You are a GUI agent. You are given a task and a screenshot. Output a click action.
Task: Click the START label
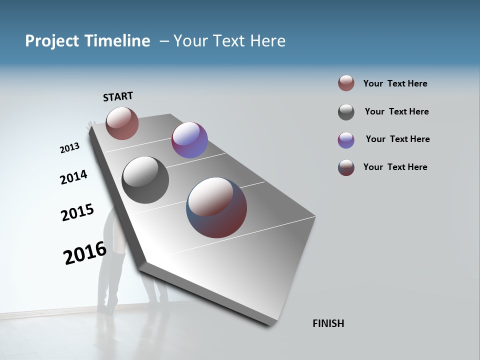pyautogui.click(x=118, y=96)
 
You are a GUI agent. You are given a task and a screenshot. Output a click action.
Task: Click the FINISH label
pyautogui.click(x=328, y=323)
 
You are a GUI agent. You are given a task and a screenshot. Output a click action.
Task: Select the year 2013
pyautogui.click(x=69, y=148)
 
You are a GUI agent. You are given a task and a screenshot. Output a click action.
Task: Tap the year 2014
pyautogui.click(x=73, y=177)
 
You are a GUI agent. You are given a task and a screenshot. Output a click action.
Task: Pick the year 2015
pyautogui.click(x=77, y=212)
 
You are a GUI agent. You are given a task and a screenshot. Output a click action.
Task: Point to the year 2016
pyautogui.click(x=85, y=253)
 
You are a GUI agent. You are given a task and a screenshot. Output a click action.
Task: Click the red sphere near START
pyautogui.click(x=122, y=123)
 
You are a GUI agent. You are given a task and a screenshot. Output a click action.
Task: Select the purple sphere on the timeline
pyautogui.click(x=189, y=140)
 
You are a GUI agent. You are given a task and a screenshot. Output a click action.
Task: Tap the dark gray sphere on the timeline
pyautogui.click(x=145, y=180)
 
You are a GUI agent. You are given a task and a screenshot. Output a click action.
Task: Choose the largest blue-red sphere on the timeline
pyautogui.click(x=216, y=207)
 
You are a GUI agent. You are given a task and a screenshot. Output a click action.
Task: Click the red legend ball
pyautogui.click(x=346, y=83)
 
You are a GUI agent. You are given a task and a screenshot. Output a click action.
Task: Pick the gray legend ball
pyautogui.click(x=346, y=112)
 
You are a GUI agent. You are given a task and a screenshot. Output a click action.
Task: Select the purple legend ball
pyautogui.click(x=346, y=140)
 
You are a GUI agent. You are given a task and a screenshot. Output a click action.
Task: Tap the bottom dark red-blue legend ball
pyautogui.click(x=346, y=167)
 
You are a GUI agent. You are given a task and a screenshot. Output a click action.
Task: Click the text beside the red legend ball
pyautogui.click(x=395, y=83)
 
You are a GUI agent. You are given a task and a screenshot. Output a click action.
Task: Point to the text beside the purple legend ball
pyautogui.click(x=397, y=139)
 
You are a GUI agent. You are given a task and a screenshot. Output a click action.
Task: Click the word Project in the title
pyautogui.click(x=50, y=41)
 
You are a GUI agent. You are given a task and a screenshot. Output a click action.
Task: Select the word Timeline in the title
pyautogui.click(x=118, y=41)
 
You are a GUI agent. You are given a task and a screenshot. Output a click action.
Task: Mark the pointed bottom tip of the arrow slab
pyautogui.click(x=270, y=324)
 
